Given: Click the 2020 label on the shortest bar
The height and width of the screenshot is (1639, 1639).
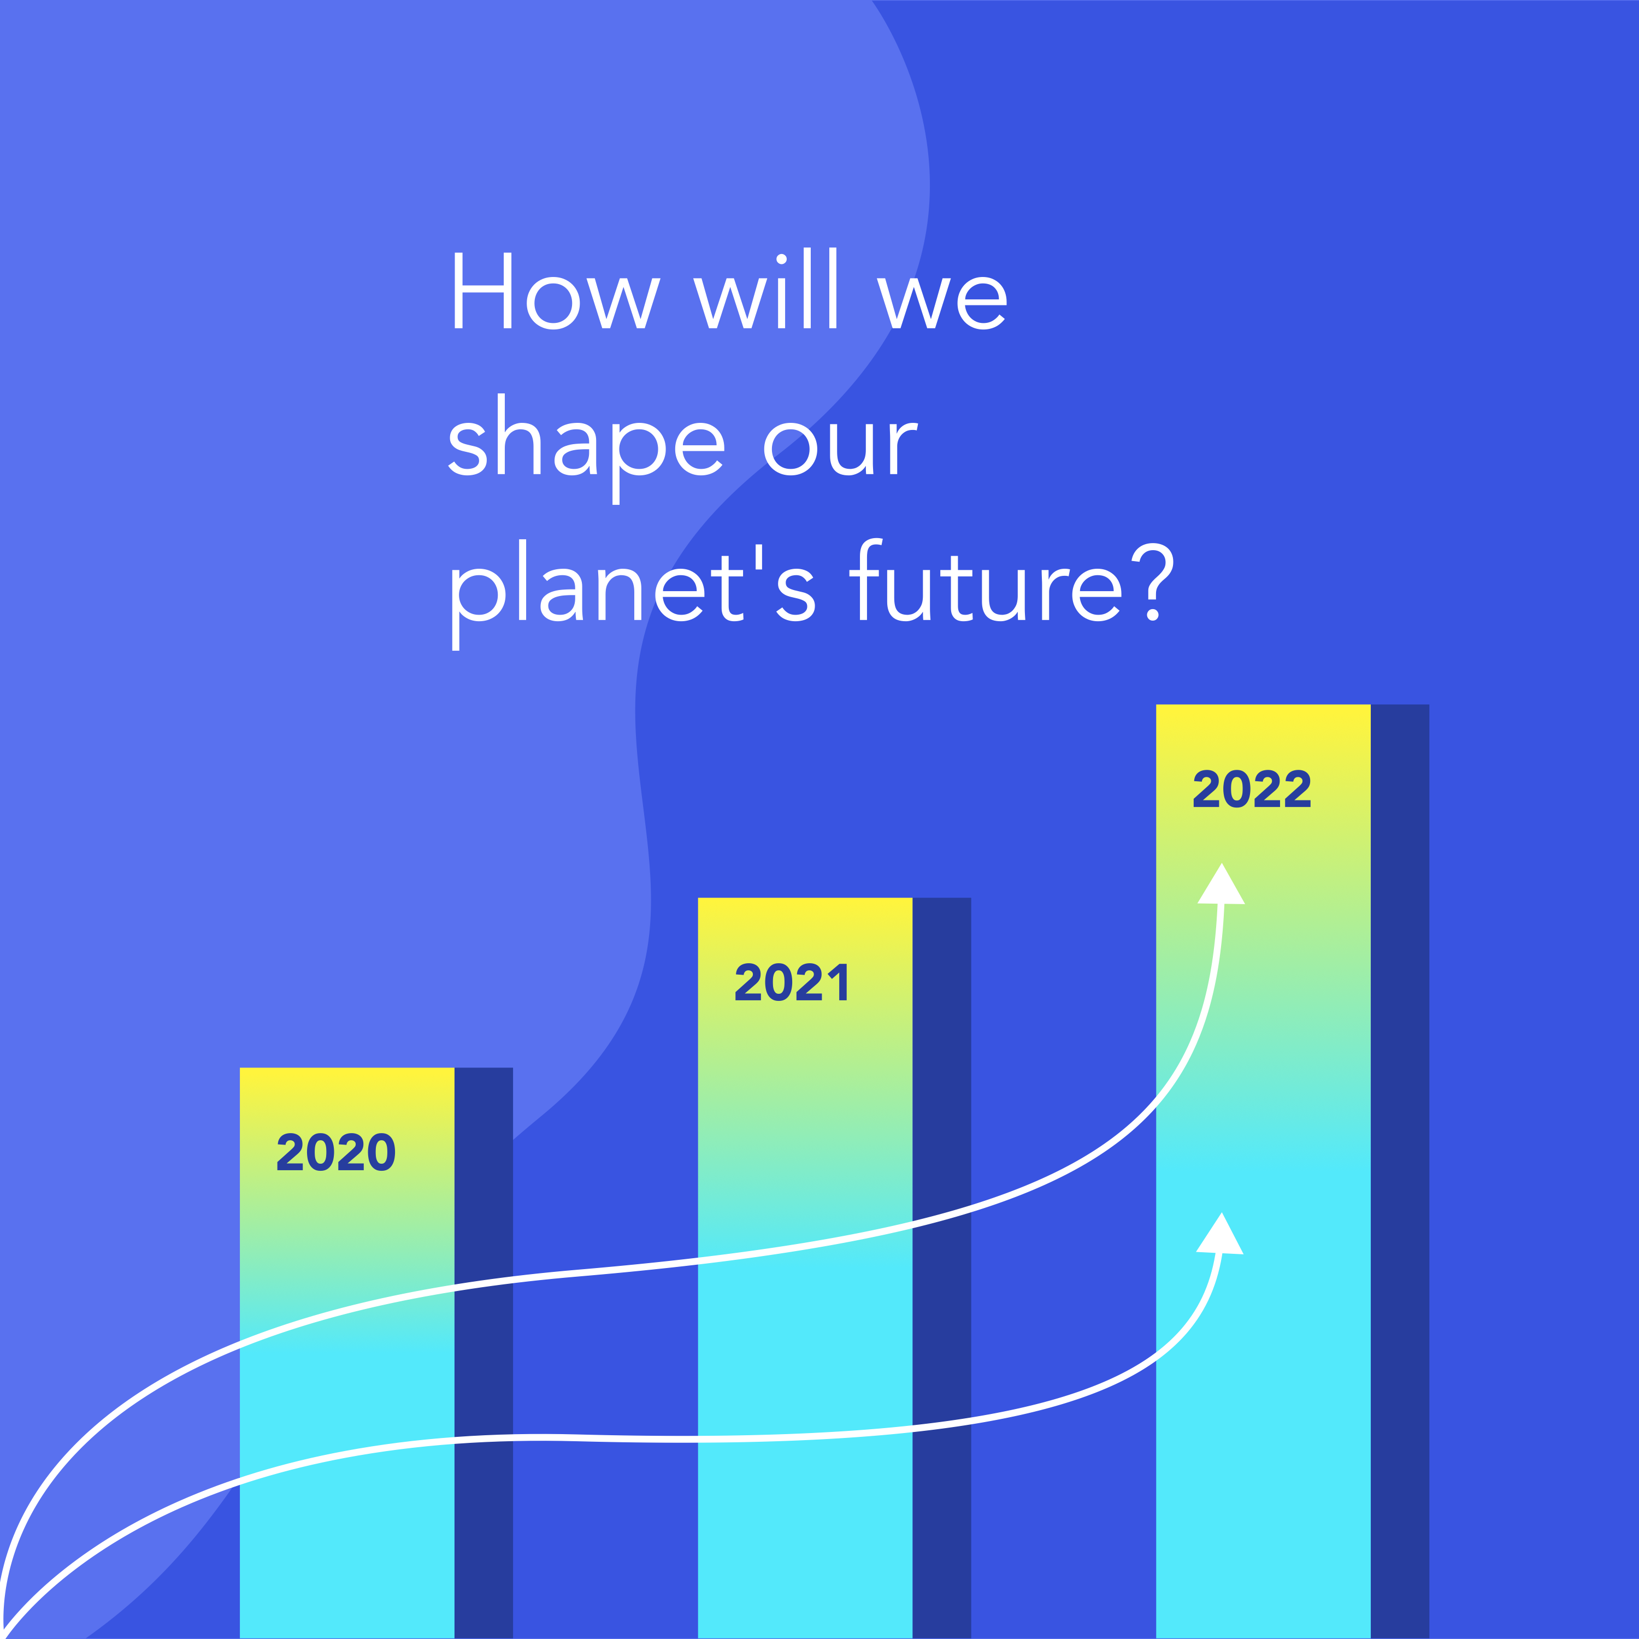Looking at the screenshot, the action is (336, 1152).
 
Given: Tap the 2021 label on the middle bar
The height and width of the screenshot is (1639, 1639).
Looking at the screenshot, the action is (792, 982).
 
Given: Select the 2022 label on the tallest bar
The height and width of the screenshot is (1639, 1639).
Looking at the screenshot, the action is (1252, 789).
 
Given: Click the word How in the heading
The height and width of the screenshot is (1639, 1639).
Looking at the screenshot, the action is (556, 290).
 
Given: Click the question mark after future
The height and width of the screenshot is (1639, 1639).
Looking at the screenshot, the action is (1154, 582).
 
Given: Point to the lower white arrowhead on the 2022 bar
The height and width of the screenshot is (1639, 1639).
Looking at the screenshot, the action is (1220, 1234).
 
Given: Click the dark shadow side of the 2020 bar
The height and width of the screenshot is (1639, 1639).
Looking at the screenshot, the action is (484, 1353).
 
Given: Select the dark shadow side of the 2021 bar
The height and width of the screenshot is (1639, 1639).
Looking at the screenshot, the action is (942, 1268).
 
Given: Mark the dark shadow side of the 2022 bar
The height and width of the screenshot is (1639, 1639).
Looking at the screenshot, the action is (1400, 1171).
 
